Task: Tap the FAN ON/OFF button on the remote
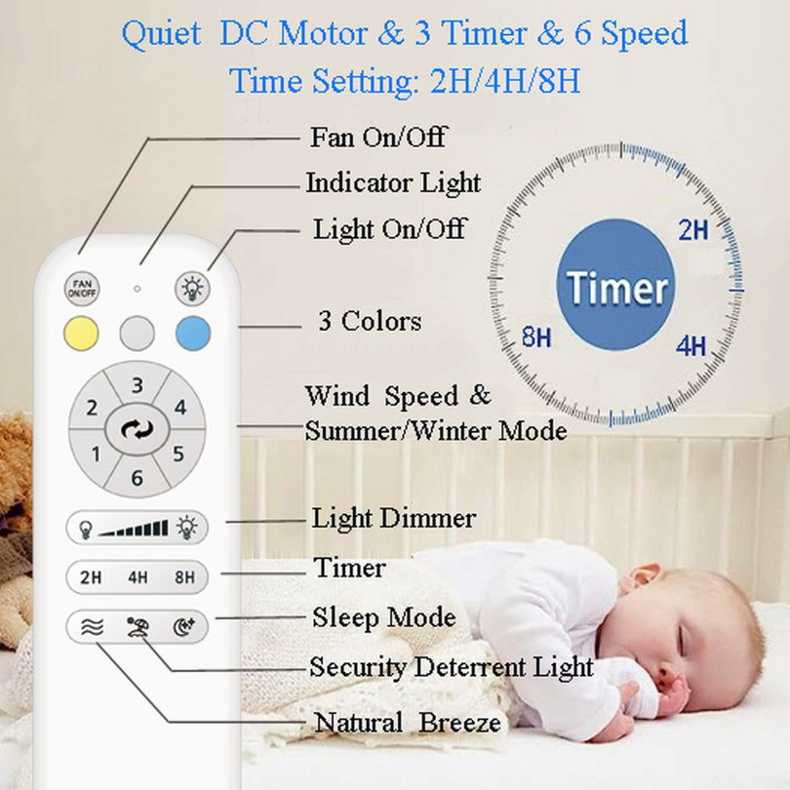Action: (82, 289)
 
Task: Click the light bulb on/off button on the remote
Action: (192, 289)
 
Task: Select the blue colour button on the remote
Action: (193, 333)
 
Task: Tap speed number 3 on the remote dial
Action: (138, 385)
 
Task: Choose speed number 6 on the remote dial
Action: (138, 478)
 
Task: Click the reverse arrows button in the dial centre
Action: (138, 430)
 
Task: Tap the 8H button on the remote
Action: (184, 577)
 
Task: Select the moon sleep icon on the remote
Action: (183, 627)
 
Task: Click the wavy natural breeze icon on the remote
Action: (92, 627)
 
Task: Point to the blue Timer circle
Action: (615, 285)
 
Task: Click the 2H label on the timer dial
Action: (692, 230)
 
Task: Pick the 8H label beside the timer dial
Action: (536, 336)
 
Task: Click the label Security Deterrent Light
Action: (451, 667)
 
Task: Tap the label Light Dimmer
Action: (393, 518)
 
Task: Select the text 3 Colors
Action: (370, 321)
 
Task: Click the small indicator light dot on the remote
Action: (137, 289)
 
